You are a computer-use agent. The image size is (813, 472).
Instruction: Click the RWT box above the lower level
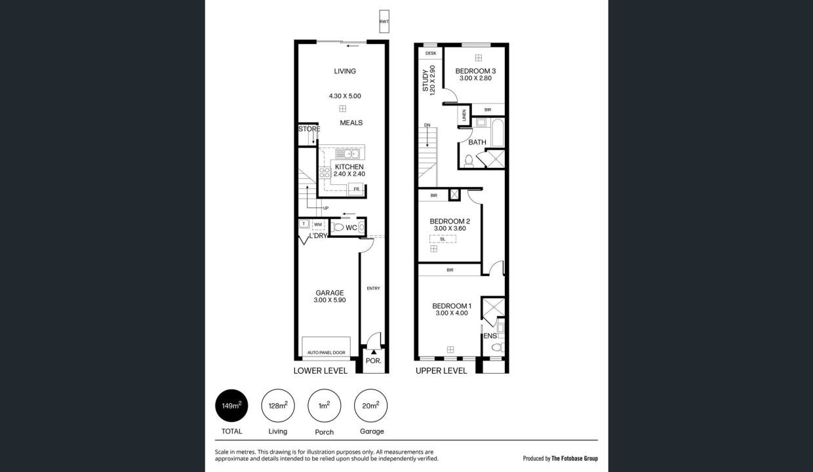point(384,22)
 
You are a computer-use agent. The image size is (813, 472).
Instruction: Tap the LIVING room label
point(344,71)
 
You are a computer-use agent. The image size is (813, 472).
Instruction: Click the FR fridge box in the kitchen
point(356,189)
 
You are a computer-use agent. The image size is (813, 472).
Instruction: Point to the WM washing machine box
point(318,224)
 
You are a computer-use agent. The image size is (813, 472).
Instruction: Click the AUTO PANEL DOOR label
point(326,353)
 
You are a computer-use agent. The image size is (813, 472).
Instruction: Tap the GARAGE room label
point(329,293)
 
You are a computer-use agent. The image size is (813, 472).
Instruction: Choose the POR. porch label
point(374,361)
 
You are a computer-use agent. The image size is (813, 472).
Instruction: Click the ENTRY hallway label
point(373,288)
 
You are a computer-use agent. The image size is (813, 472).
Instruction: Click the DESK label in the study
point(431,53)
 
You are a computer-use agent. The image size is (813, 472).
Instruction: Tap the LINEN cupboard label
point(464,115)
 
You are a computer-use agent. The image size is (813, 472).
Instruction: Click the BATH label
point(477,142)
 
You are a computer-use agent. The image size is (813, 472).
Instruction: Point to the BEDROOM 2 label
point(450,222)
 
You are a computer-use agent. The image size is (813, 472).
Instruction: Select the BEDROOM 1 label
point(452,306)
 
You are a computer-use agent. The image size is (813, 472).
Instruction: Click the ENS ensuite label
point(490,336)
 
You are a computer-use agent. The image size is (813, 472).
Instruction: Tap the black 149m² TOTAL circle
point(231,406)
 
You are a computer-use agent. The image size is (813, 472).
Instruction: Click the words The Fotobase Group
point(574,459)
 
